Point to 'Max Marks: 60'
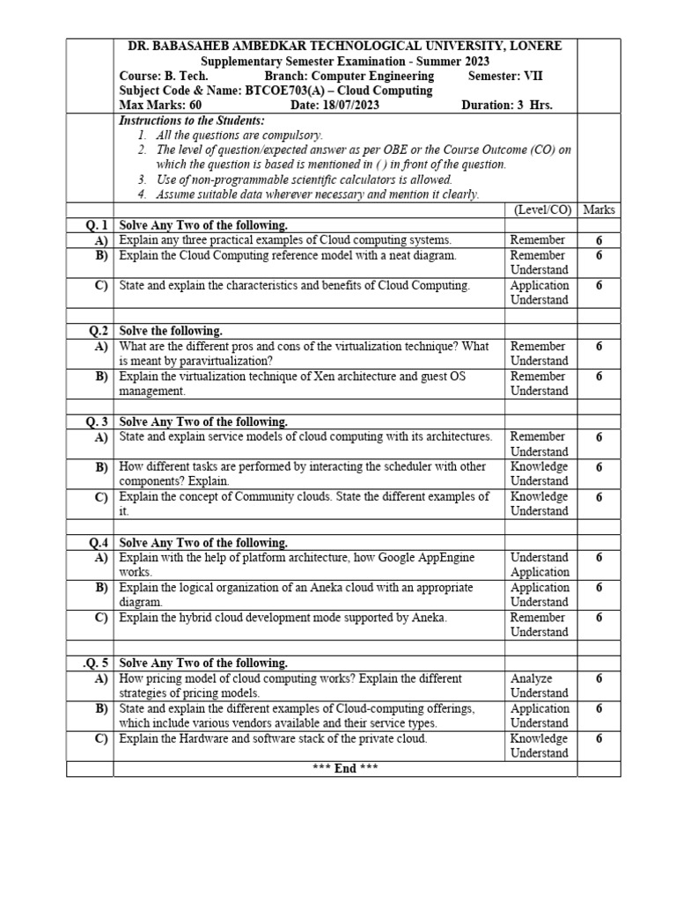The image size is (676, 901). point(154,106)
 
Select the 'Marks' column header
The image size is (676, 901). point(599,210)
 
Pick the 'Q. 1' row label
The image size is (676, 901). point(96,225)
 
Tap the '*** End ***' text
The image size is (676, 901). point(345,768)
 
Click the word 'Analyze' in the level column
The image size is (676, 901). point(531,678)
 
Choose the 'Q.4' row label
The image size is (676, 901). point(97,543)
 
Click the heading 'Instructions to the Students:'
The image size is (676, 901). point(191,121)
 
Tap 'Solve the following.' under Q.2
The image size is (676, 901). point(171,331)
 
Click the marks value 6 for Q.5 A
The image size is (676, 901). point(599,678)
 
